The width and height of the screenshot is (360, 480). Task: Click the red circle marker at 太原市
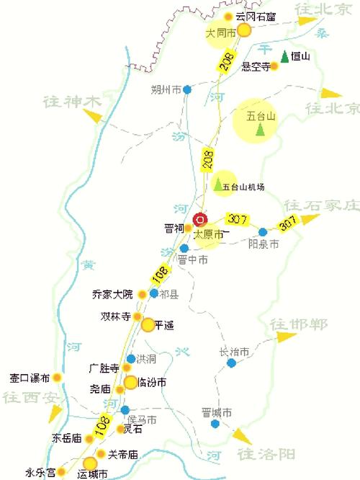200,219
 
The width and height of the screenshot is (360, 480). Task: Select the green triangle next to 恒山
285,55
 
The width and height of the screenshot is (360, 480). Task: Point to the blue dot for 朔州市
187,90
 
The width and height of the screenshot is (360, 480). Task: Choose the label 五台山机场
243,187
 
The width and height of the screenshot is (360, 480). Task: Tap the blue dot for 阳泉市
263,232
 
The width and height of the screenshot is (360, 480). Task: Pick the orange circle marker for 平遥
148,325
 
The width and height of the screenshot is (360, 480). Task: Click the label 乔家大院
113,294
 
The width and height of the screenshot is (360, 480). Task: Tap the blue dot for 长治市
231,363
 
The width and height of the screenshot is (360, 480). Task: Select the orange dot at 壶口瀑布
57,377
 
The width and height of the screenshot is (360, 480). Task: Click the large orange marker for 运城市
90,463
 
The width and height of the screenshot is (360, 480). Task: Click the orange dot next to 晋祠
188,228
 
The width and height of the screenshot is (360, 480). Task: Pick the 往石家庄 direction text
320,205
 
